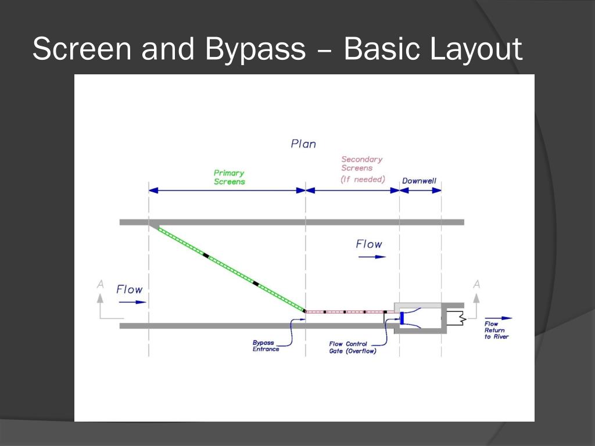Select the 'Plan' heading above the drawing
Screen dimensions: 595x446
303,143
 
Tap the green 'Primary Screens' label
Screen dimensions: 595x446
229,177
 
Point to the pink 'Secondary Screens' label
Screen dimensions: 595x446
362,163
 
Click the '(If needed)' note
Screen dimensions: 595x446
363,179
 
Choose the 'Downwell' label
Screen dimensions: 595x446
419,181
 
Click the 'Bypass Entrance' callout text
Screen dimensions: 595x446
266,346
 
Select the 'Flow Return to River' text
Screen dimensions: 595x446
496,330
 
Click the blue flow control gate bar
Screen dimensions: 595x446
402,318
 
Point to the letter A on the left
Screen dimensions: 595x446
101,284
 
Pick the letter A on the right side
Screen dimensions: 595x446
476,284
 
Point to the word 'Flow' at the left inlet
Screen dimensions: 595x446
129,289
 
